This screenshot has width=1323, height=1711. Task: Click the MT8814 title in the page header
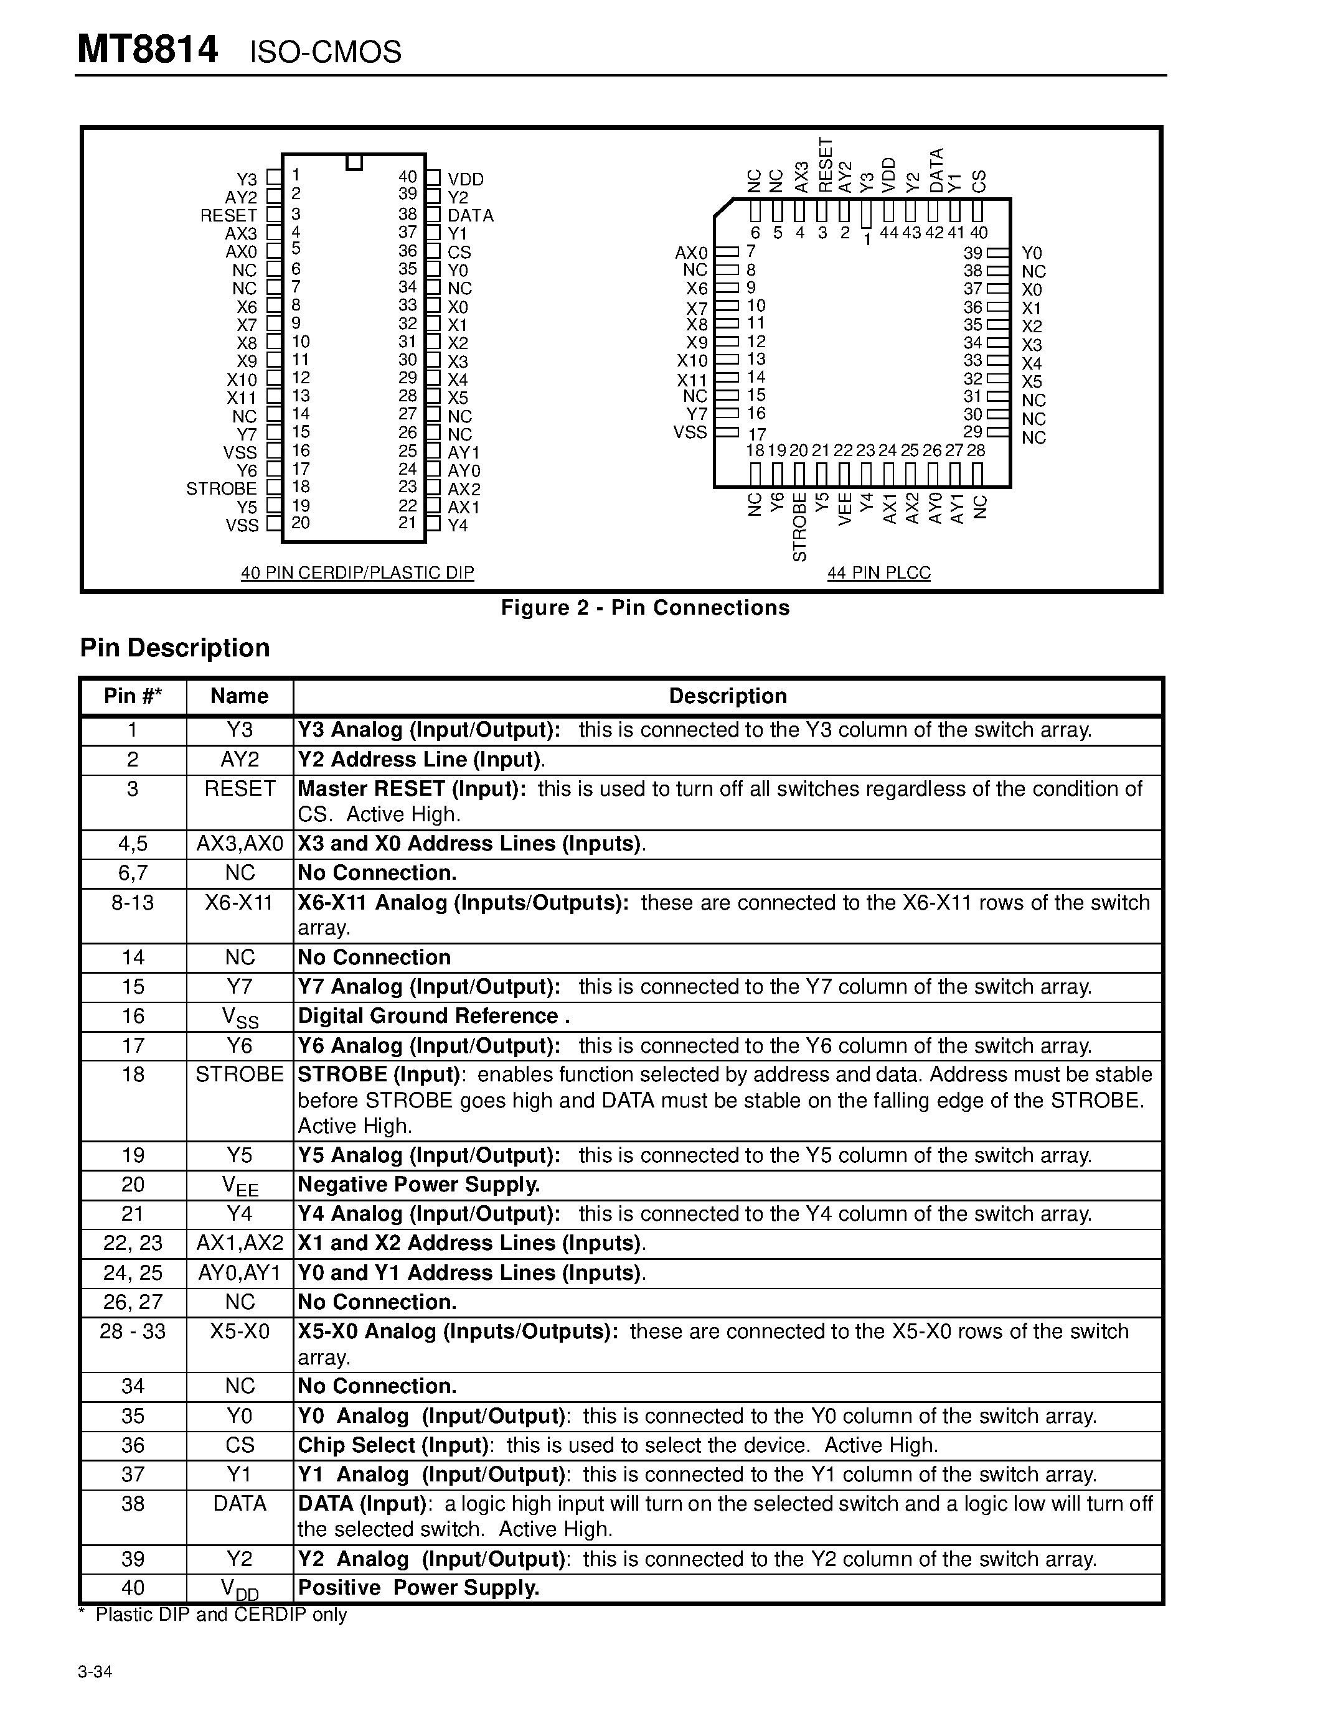click(148, 50)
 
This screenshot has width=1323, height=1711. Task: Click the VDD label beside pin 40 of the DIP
click(466, 179)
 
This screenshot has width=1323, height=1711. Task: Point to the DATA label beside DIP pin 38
click(470, 215)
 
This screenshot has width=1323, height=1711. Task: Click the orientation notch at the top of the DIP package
click(354, 162)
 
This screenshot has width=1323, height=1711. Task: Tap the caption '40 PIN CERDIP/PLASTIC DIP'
click(357, 572)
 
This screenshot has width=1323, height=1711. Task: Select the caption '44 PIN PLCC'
click(878, 572)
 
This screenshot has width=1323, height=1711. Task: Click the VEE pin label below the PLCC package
click(845, 509)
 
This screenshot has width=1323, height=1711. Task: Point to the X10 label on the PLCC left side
click(692, 361)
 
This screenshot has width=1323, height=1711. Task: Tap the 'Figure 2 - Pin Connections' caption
click(645, 608)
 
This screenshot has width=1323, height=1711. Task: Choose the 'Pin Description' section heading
click(175, 648)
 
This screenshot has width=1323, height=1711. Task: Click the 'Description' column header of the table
click(727, 696)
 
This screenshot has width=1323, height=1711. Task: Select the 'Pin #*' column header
click(133, 696)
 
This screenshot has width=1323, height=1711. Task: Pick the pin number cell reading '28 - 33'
click(133, 1332)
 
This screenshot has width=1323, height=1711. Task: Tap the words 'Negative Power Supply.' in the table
click(418, 1185)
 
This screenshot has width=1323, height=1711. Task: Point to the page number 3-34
click(95, 1672)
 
